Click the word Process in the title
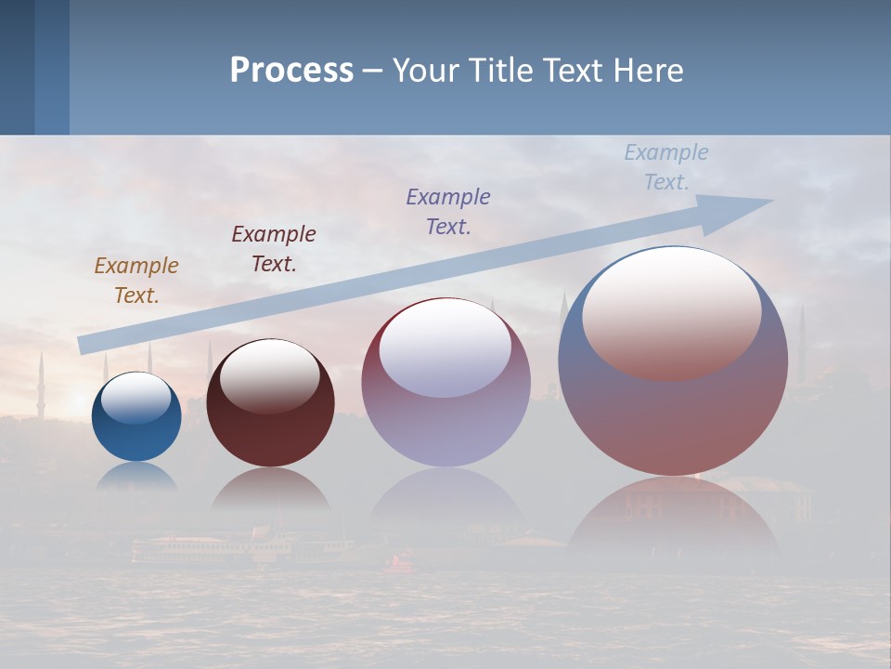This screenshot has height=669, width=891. click(x=291, y=71)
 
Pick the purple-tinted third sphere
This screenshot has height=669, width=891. click(x=446, y=409)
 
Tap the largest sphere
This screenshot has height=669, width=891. click(x=673, y=418)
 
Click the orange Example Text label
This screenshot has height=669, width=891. click(x=136, y=281)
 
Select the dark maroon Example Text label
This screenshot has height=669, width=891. click(x=274, y=249)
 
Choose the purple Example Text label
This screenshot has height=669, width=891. click(x=448, y=212)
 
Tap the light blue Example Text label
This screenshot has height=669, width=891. click(x=666, y=167)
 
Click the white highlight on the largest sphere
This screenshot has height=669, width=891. click(x=672, y=311)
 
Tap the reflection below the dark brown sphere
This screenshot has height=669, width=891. click(x=270, y=488)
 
